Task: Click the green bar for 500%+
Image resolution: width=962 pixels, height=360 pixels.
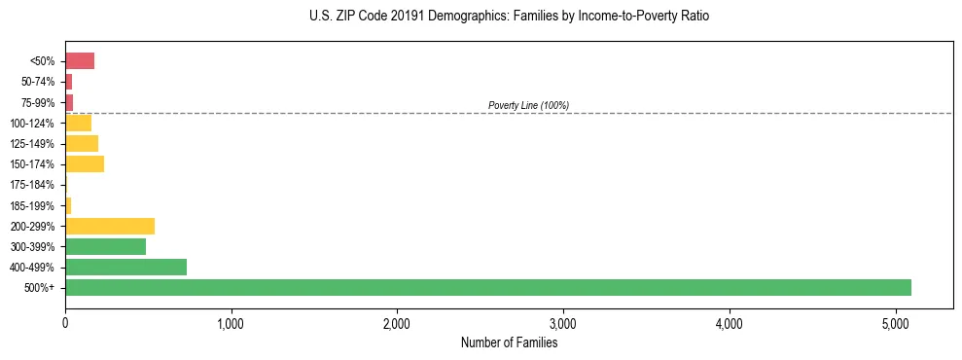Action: (x=487, y=287)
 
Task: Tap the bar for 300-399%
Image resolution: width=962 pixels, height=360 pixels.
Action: (x=105, y=246)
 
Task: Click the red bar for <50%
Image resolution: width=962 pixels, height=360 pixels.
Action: (x=80, y=61)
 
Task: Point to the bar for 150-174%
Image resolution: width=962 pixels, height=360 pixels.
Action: (x=85, y=164)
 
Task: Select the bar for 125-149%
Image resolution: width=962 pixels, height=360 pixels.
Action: (x=82, y=144)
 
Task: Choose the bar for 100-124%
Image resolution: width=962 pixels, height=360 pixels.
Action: (x=78, y=123)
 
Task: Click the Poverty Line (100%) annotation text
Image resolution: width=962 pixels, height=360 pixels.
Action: (x=528, y=105)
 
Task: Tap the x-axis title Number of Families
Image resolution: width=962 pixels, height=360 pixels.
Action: (x=509, y=342)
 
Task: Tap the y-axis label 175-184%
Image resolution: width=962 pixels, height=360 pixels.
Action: (x=32, y=185)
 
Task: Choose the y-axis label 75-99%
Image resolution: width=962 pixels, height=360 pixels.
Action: (x=37, y=102)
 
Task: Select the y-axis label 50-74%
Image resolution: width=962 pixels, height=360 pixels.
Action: (x=37, y=82)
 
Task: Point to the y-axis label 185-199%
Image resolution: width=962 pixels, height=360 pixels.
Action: (x=32, y=205)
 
